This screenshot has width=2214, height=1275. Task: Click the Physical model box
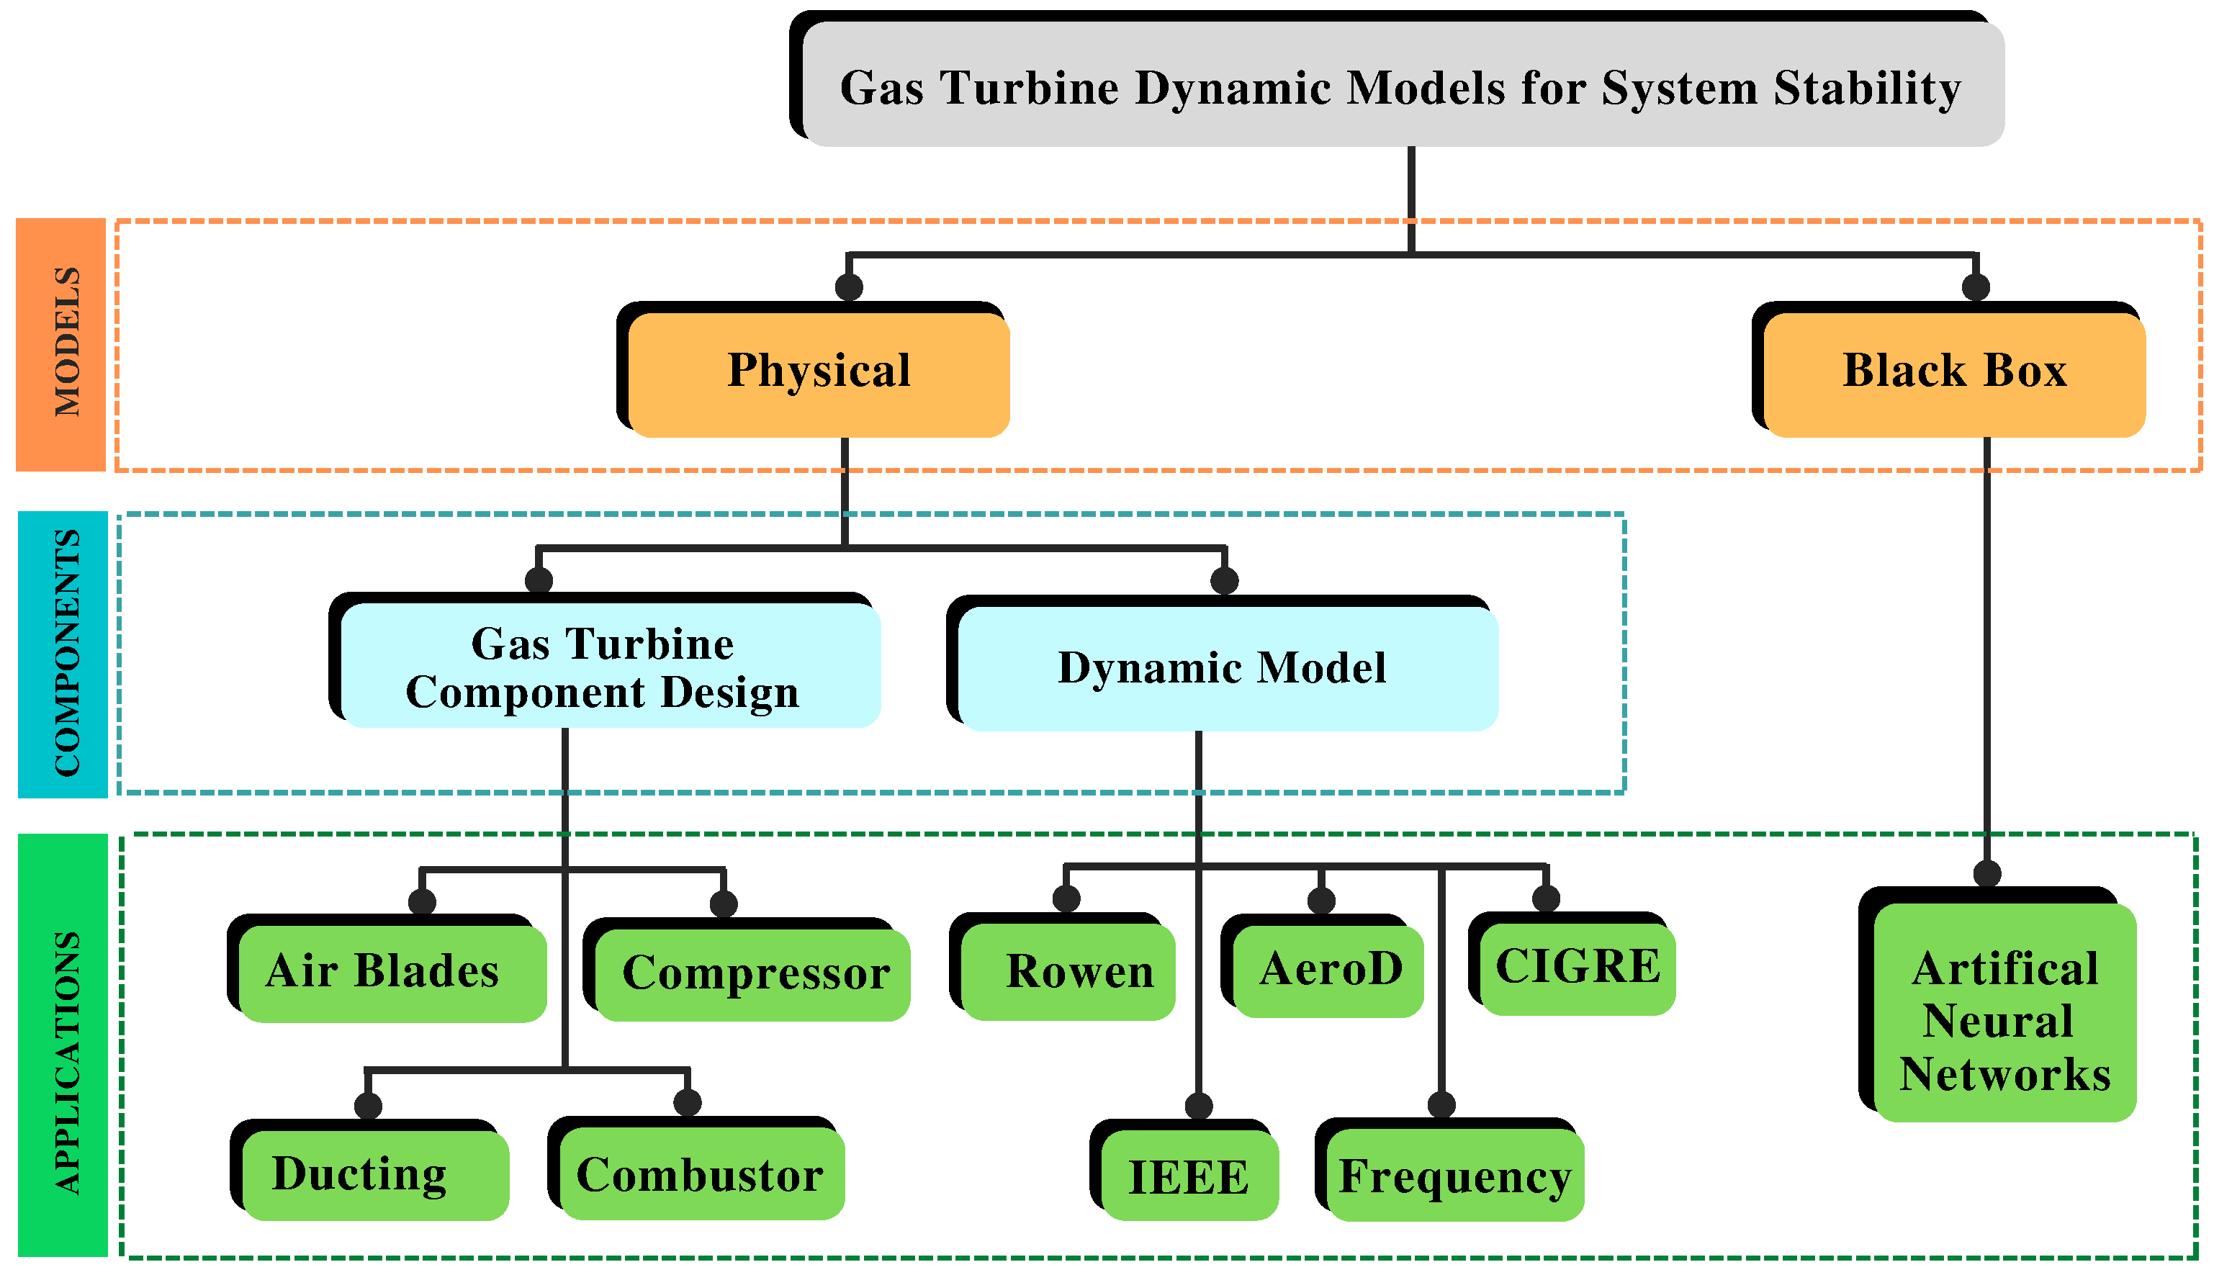click(x=818, y=372)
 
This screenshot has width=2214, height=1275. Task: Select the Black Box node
click(x=1953, y=372)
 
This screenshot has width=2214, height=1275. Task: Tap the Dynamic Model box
click(x=1226, y=668)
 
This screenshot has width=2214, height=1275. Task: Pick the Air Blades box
click(x=390, y=972)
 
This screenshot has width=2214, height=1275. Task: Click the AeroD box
click(x=1327, y=968)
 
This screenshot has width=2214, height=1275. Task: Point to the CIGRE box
click(x=1576, y=966)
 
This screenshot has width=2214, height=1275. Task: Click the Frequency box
click(x=1454, y=1175)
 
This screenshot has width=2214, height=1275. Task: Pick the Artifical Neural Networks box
click(x=2004, y=1020)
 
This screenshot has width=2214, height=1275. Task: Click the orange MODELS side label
click(x=61, y=344)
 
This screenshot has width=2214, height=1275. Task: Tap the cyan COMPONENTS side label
click(x=63, y=654)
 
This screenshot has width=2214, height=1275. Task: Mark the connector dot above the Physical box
click(x=849, y=287)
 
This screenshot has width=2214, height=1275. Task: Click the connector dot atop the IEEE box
click(x=1198, y=1106)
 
